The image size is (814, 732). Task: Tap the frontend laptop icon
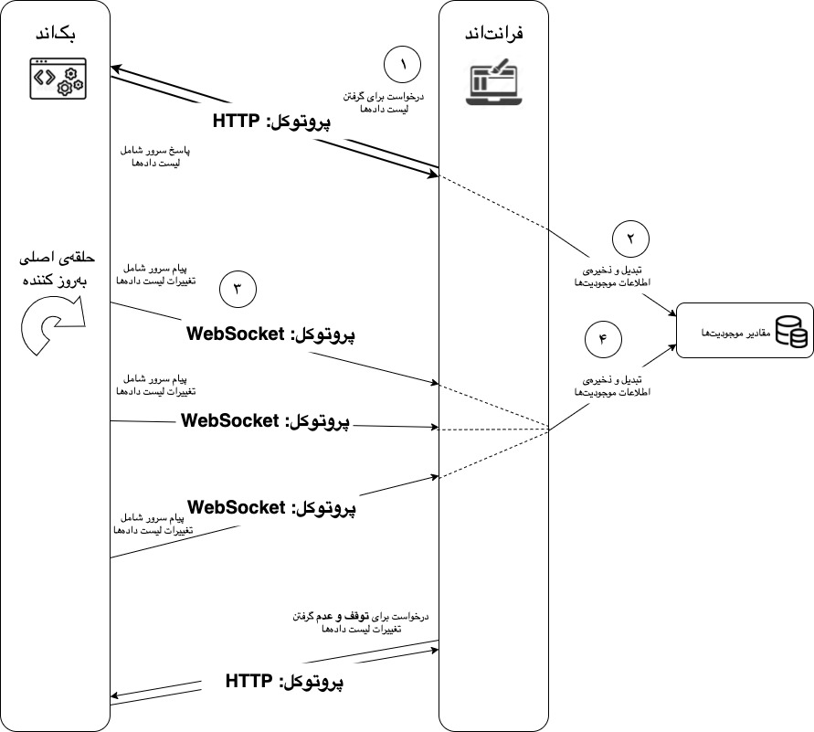coord(493,81)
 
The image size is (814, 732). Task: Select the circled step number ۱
coord(403,66)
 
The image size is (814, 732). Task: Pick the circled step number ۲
coord(629,238)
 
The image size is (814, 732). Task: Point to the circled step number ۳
coord(238,290)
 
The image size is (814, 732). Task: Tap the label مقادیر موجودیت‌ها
coord(731,332)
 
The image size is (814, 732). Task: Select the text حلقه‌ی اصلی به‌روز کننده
coord(57,270)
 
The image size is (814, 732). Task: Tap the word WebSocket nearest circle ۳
coord(236,334)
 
